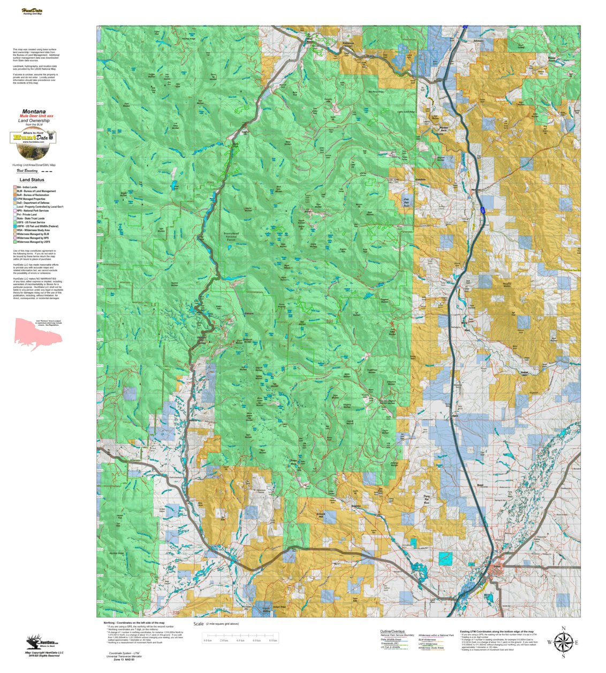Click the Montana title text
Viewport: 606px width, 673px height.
[x=34, y=112]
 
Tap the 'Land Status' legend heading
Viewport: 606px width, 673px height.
[x=32, y=180]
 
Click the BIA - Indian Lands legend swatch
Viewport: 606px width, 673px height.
[x=15, y=187]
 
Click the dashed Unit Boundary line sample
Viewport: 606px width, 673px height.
[x=47, y=172]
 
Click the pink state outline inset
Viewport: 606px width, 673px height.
[x=38, y=333]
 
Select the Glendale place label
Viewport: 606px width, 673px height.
[x=420, y=179]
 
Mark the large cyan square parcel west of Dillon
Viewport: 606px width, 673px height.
[x=445, y=559]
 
